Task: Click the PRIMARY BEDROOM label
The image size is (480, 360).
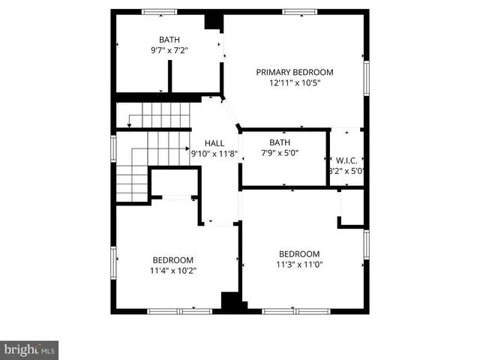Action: [x=295, y=72]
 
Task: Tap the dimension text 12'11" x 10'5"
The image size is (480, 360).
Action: [x=295, y=83]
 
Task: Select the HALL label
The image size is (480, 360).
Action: [x=214, y=142]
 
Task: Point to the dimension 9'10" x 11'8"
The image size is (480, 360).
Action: [x=214, y=153]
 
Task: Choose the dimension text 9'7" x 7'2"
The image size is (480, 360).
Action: [x=169, y=52]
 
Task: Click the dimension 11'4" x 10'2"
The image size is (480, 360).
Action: [x=173, y=271]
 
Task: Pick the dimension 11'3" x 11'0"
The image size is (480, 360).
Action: [x=300, y=265]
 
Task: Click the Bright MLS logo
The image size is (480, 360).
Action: [x=29, y=349]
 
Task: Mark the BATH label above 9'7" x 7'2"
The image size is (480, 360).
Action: [x=169, y=40]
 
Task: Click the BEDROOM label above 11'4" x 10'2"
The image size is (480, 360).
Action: [x=173, y=259]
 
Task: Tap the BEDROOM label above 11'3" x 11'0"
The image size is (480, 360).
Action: [x=300, y=253]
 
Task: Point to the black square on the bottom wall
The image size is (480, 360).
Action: [x=234, y=302]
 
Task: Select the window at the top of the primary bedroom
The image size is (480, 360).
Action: [x=298, y=11]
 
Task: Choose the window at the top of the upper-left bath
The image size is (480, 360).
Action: [x=160, y=11]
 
